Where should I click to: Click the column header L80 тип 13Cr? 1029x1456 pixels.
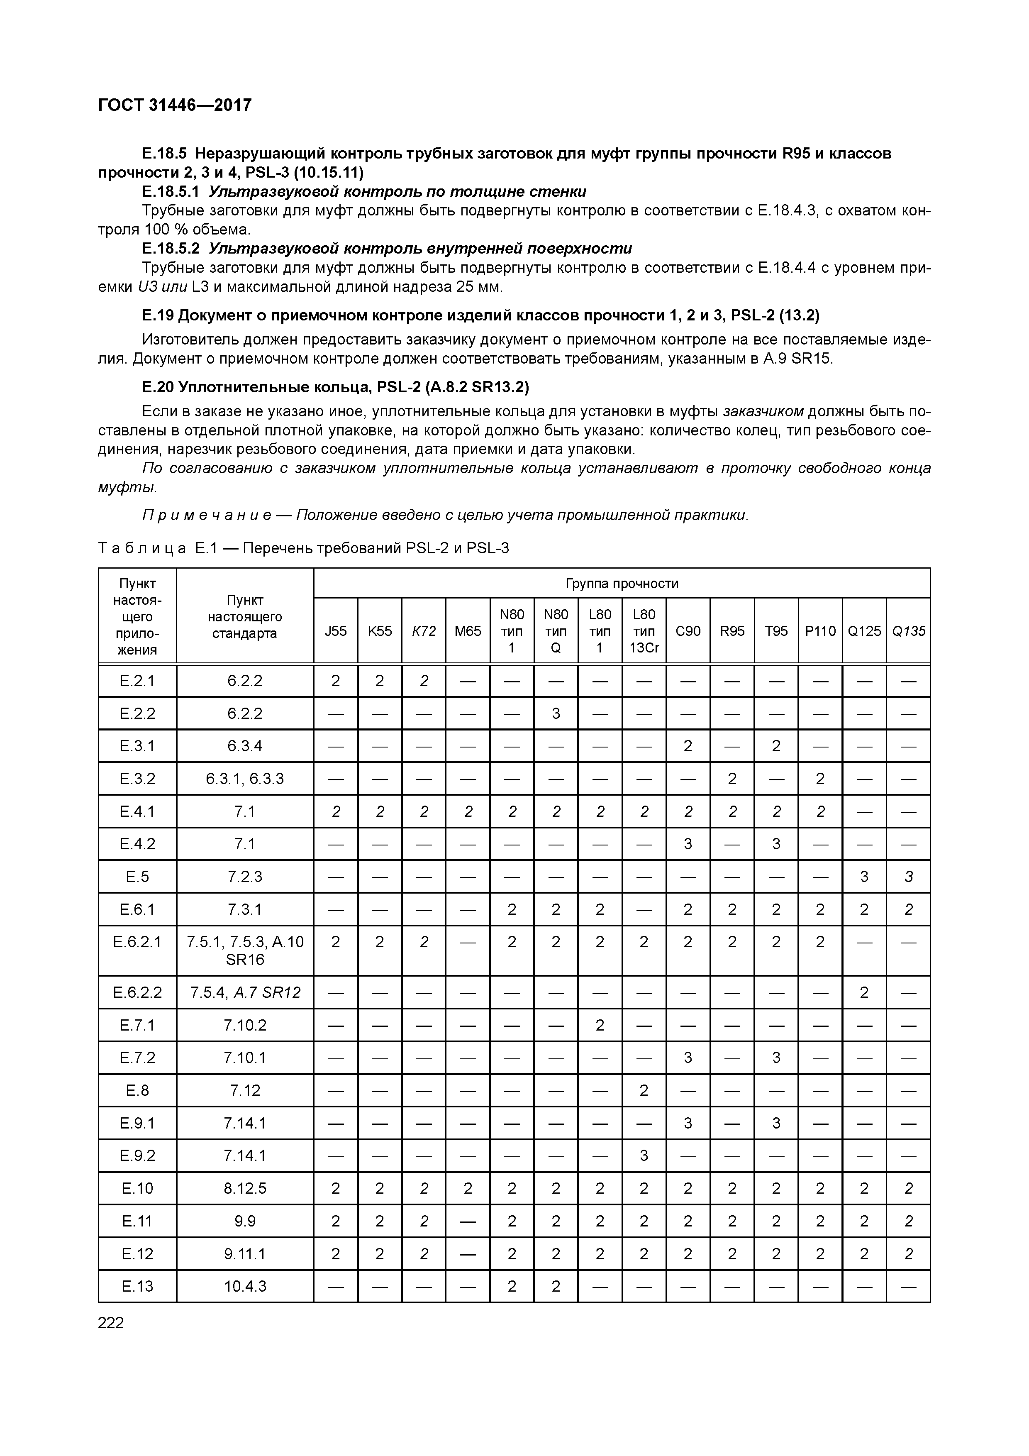[644, 631]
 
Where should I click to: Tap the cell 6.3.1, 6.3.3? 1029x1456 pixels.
[245, 779]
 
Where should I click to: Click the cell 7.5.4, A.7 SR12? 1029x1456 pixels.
[245, 992]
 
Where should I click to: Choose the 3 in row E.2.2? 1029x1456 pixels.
[556, 713]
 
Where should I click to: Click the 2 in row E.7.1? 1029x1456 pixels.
[600, 1025]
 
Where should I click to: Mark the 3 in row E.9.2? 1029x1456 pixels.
[644, 1156]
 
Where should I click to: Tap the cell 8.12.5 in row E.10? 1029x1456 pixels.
[245, 1188]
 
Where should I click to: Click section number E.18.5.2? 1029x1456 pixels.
[171, 248]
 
